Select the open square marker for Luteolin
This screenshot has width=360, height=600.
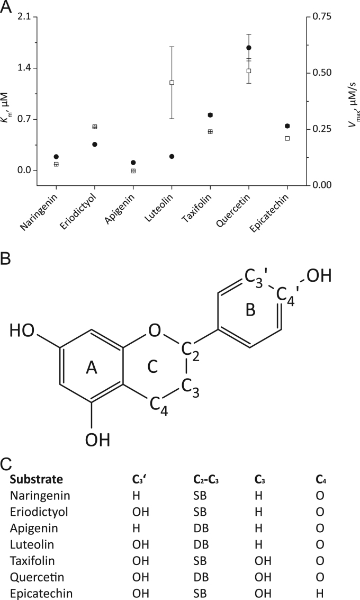tap(172, 83)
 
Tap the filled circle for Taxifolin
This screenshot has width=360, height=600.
tap(210, 115)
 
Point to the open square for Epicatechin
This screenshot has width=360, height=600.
tap(287, 138)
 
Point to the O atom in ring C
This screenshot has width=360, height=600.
tap(154, 332)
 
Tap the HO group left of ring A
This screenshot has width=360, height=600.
tap(22, 332)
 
